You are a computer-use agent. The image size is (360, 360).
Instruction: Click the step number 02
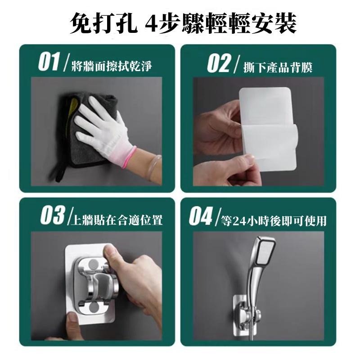pos(219,63)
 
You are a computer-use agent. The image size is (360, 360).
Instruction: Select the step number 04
pos(200,216)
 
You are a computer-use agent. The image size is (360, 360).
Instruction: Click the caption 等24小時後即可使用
pos(274,221)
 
